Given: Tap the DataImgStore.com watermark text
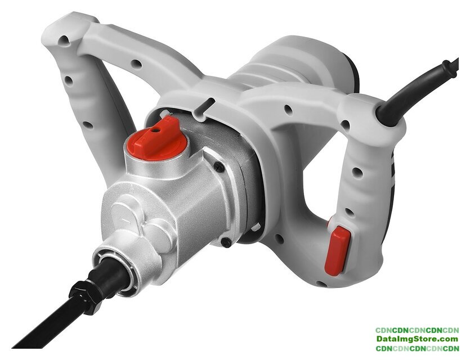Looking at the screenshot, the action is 417,339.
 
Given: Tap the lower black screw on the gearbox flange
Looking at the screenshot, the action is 226,241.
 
